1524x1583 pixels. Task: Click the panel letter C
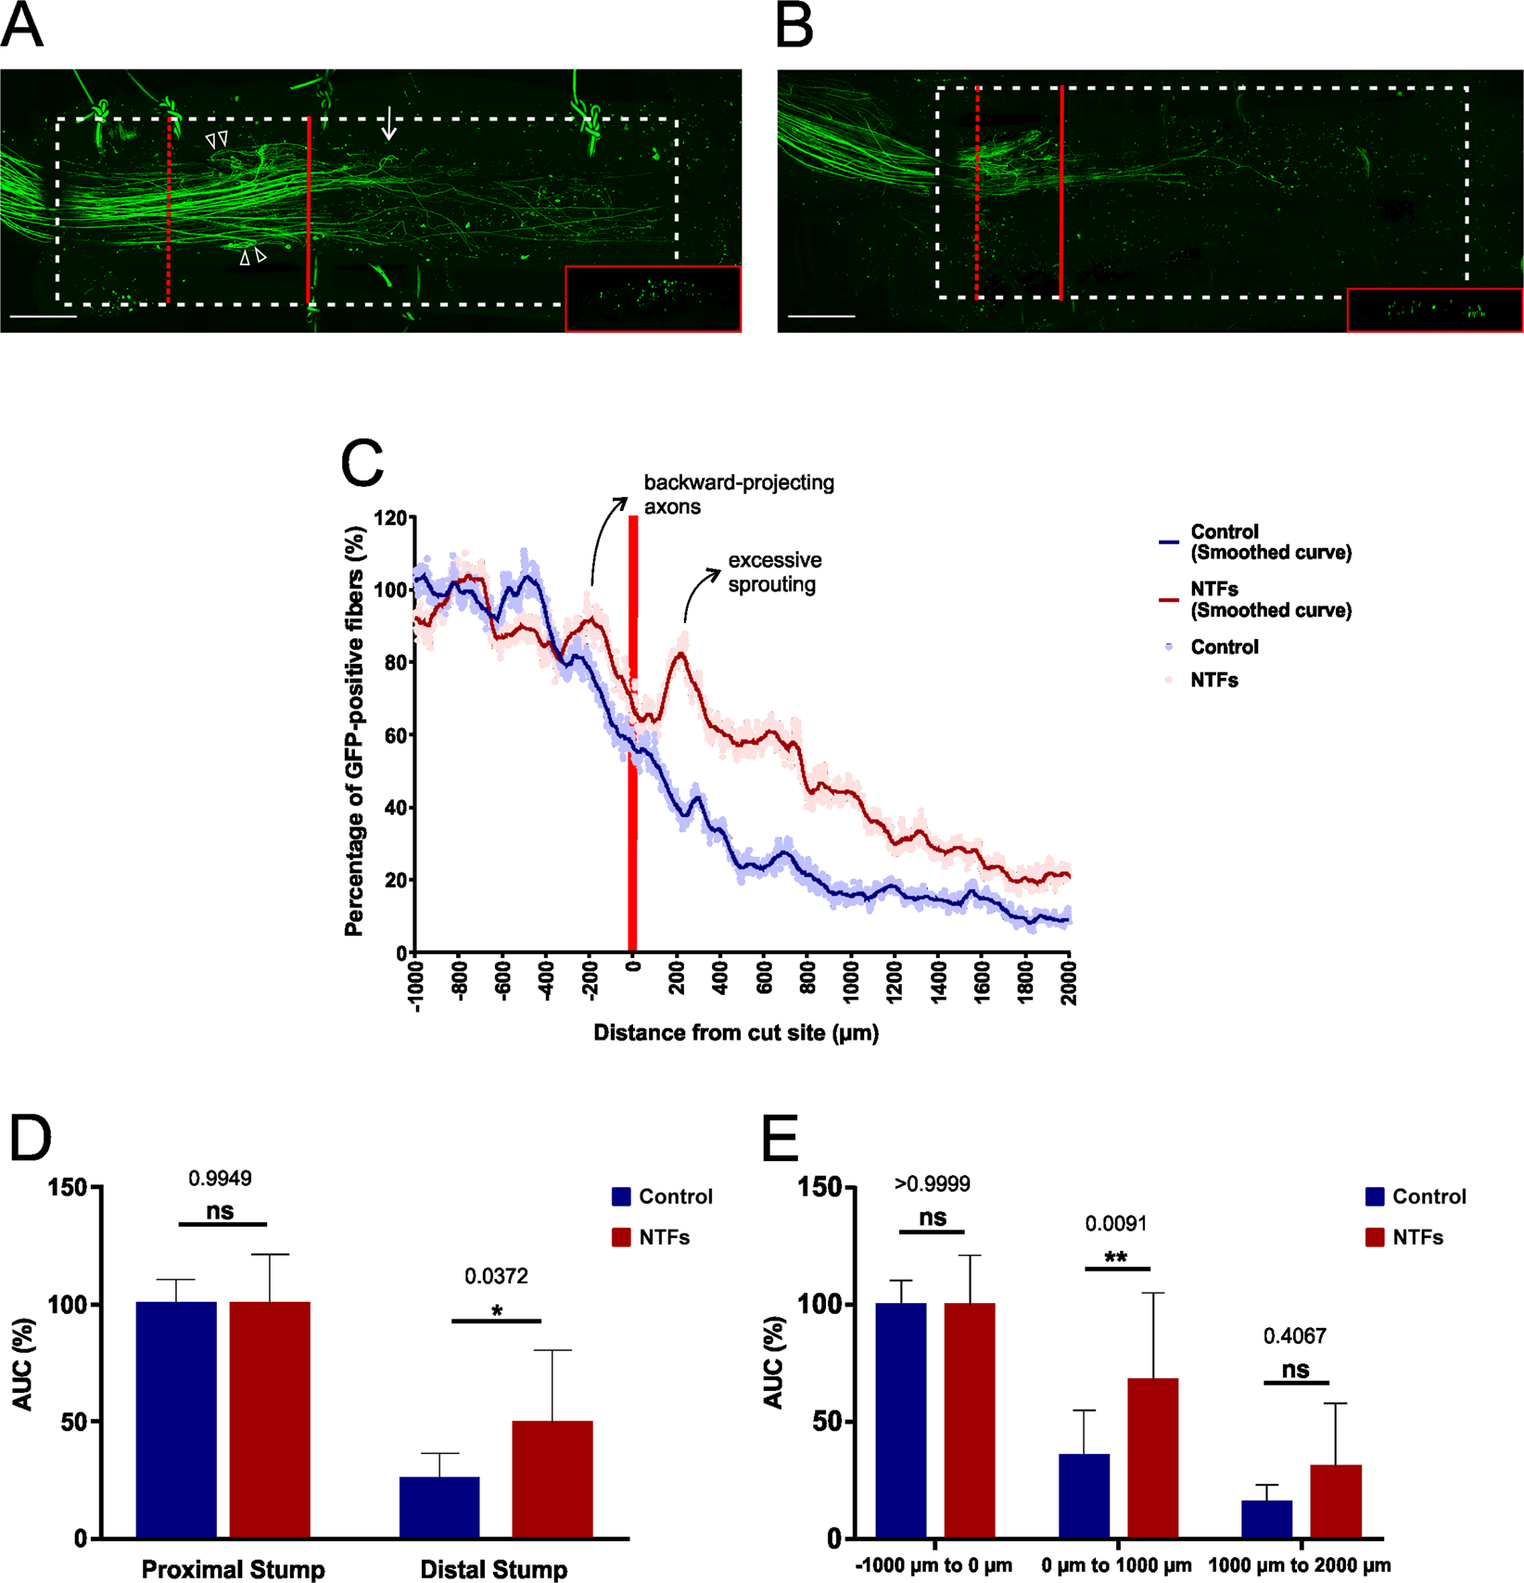tap(362, 464)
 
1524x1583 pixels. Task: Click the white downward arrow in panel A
tap(390, 123)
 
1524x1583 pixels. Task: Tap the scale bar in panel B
tap(821, 316)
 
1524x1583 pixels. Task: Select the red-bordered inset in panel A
tap(653, 299)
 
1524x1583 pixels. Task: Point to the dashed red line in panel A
tap(168, 209)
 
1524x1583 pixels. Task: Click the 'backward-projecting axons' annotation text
tap(738, 494)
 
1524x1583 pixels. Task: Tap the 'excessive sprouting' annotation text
tap(774, 572)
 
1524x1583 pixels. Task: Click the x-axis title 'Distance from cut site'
tap(736, 1032)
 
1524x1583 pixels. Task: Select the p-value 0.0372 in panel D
tap(496, 1276)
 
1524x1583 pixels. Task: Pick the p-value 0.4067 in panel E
tap(1295, 1336)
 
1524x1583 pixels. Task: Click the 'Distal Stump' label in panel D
tap(493, 1569)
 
